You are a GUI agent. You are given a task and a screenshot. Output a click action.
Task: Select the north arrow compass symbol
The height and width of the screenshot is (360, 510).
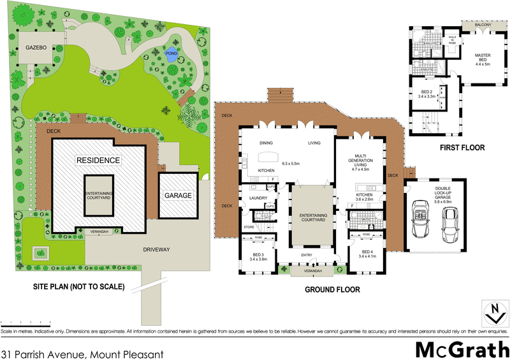click(x=492, y=313)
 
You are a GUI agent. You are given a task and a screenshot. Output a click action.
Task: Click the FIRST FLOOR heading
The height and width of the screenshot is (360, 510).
click(x=462, y=147)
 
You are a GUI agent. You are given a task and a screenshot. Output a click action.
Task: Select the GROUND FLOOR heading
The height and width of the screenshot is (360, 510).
click(x=331, y=289)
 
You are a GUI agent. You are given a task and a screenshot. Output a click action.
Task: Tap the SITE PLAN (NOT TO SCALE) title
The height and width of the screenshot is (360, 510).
click(x=78, y=286)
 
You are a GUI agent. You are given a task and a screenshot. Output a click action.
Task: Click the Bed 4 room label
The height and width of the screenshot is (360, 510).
click(x=368, y=254)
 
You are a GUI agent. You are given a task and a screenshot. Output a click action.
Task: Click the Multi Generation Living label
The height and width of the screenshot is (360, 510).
click(x=361, y=162)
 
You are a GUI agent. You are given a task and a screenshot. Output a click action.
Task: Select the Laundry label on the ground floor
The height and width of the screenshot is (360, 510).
click(x=256, y=198)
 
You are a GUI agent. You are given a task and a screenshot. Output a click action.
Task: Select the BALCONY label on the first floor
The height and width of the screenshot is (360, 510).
click(x=483, y=25)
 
